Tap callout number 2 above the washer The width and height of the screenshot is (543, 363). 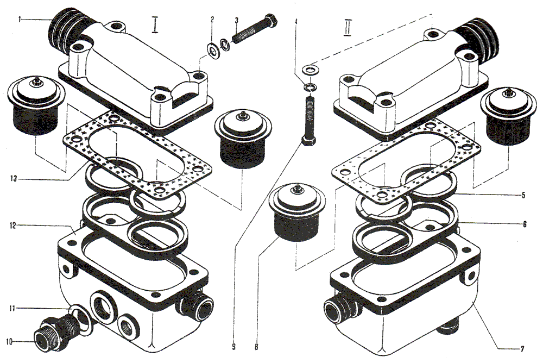[212, 20]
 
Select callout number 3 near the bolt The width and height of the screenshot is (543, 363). [236, 20]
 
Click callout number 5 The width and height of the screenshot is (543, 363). [523, 195]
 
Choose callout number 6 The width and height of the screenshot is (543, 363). [525, 224]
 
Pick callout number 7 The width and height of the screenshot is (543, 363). [522, 348]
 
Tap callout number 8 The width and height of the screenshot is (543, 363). [256, 346]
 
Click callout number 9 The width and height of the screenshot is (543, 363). [233, 346]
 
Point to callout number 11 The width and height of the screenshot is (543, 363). [12, 308]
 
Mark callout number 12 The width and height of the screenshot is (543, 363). [12, 226]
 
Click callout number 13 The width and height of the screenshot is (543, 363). [13, 179]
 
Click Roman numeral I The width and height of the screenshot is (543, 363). [155, 24]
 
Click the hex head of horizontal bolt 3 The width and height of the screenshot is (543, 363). [270, 21]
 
